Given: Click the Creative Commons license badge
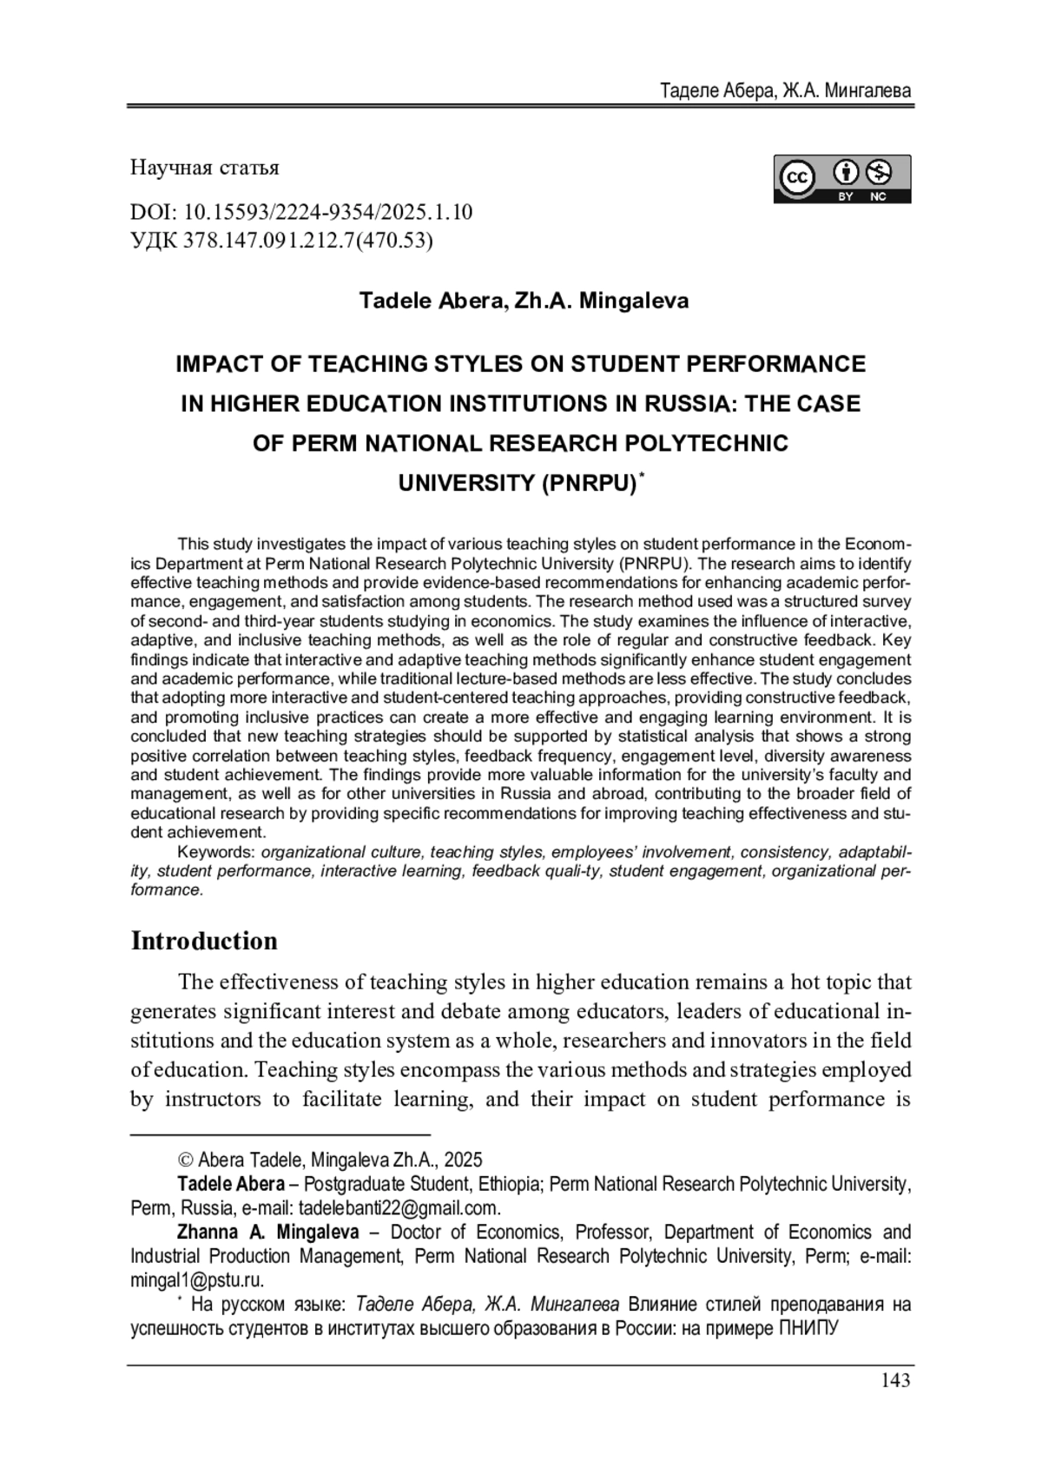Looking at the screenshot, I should [841, 179].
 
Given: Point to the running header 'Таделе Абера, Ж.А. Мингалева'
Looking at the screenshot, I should [785, 90].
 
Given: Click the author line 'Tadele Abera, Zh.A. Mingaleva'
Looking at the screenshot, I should [524, 301].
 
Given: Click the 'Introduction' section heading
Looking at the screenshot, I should [204, 941].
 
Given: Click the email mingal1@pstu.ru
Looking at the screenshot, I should [197, 1279].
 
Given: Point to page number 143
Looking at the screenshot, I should [895, 1379].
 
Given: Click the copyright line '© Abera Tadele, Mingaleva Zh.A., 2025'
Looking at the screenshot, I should [330, 1160].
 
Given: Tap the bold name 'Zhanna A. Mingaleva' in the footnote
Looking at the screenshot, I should [268, 1232].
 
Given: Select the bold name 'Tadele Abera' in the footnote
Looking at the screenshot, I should [231, 1184].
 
